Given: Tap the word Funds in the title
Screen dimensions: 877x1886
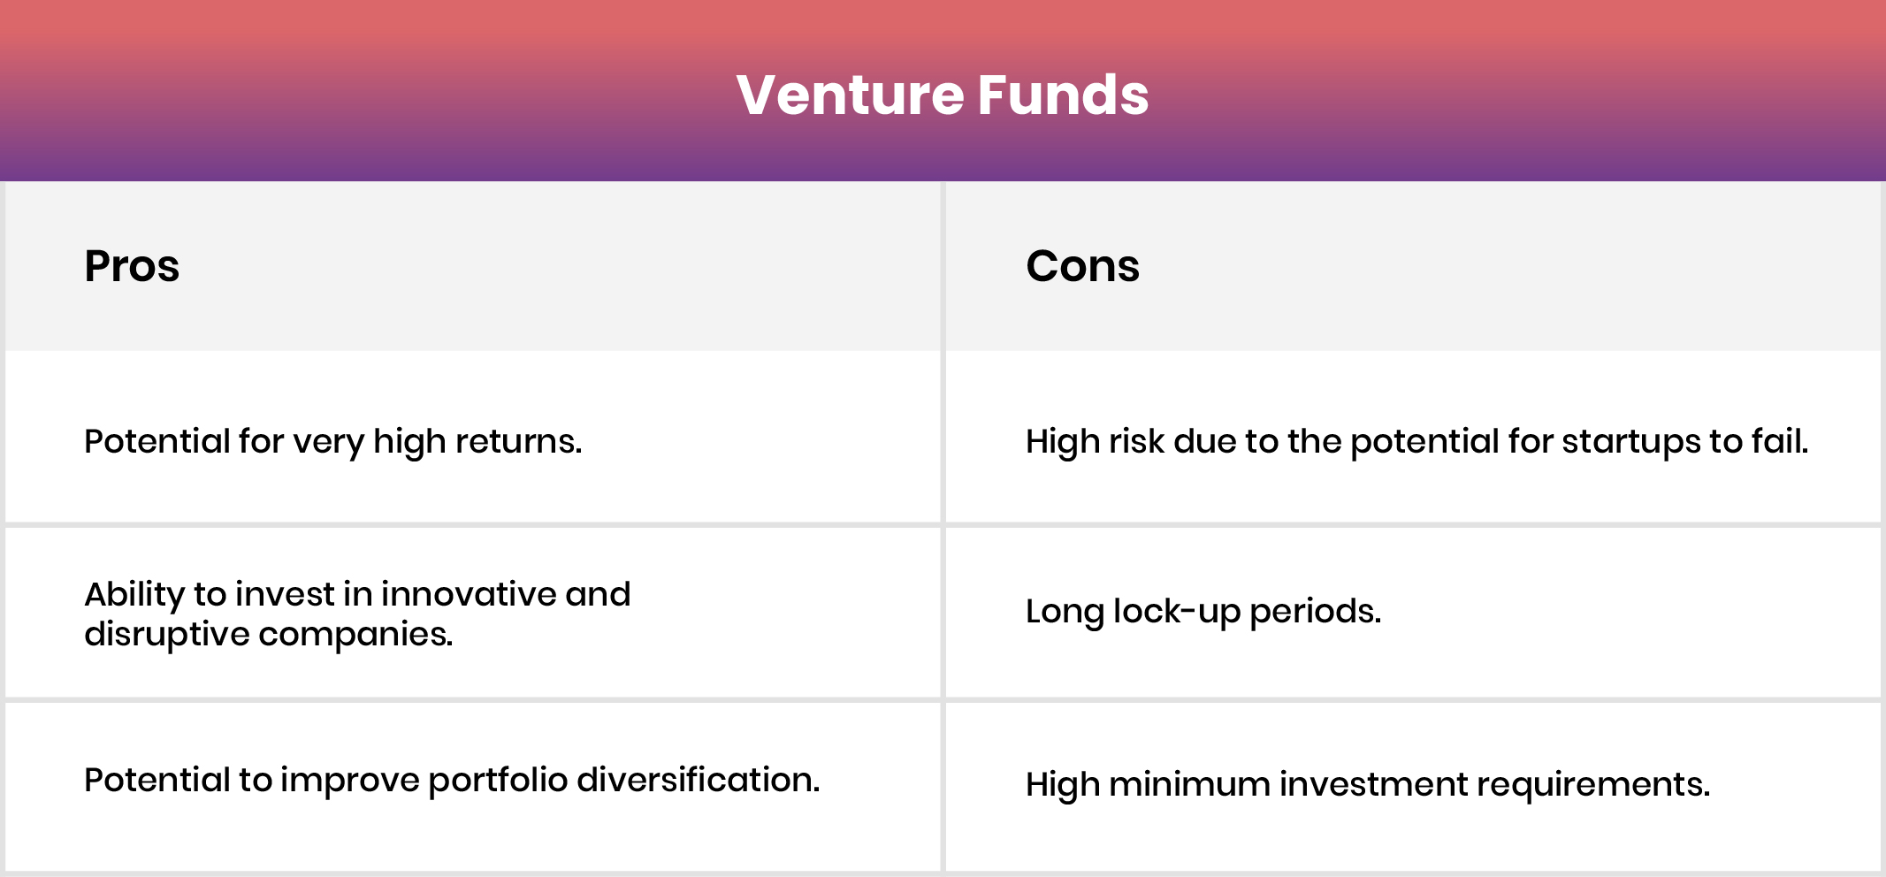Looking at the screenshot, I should pyautogui.click(x=1063, y=95).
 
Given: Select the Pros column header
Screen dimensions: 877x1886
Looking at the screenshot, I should pyautogui.click(x=132, y=266).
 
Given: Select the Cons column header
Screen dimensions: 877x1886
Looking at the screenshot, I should pyautogui.click(x=1082, y=266).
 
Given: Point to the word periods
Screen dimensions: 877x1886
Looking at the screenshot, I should pyautogui.click(x=1315, y=611).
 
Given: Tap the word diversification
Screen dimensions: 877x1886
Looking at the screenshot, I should pyautogui.click(x=698, y=780).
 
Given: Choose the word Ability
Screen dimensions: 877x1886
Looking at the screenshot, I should pyautogui.click(x=134, y=594).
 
